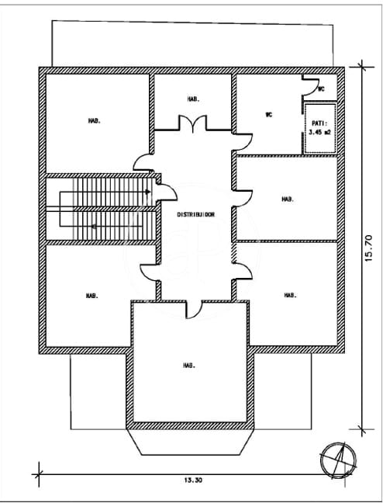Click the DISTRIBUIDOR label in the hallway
195,213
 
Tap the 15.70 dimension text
369,247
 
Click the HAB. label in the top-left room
94,120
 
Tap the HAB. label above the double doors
193,99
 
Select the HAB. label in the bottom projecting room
189,365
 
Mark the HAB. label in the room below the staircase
91,295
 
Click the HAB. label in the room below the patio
287,199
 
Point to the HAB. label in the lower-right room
290,295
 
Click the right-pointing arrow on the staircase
147,192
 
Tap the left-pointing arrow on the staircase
93,227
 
